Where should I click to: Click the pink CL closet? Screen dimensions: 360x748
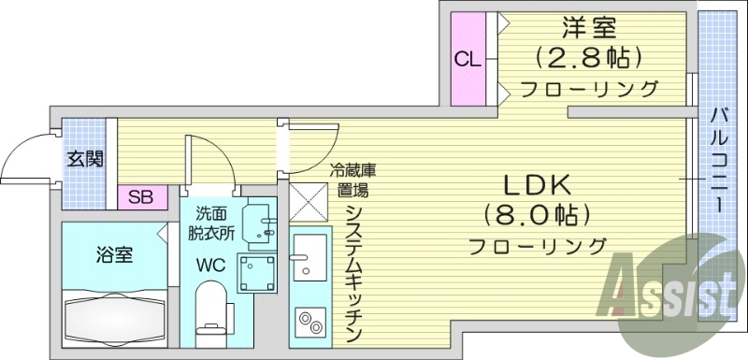[x=468, y=59]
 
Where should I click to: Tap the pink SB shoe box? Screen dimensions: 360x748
[x=141, y=197]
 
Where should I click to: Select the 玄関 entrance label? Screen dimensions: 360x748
[x=84, y=159]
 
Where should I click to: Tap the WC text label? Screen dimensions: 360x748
[x=209, y=265]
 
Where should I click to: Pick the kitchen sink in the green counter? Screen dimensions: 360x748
[x=309, y=256]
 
